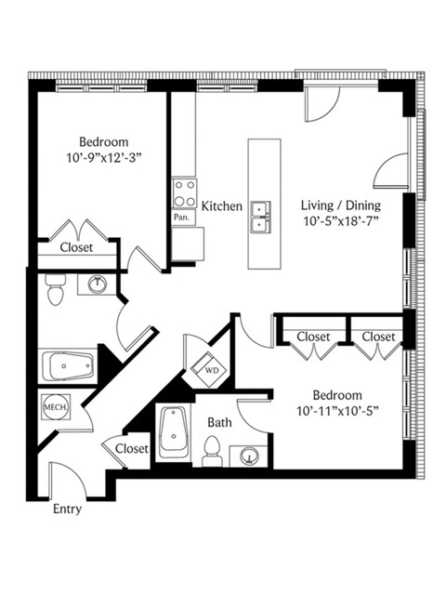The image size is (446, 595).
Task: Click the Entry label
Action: [67, 509]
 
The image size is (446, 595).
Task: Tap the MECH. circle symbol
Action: [56, 407]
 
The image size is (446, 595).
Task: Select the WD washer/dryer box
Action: [209, 370]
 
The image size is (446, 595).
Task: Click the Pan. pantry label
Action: [181, 218]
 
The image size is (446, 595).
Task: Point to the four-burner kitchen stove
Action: [185, 193]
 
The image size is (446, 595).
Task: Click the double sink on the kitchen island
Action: [261, 217]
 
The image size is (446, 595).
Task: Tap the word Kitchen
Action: [222, 206]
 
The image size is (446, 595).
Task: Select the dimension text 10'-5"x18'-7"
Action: [341, 221]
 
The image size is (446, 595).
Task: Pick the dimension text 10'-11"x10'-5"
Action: [338, 411]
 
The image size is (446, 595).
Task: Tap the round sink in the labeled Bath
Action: [249, 455]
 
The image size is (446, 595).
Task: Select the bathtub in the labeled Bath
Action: [174, 432]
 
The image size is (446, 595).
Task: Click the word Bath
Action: [219, 422]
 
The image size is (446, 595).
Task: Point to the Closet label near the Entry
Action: [132, 448]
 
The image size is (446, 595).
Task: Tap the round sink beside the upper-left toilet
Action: [98, 284]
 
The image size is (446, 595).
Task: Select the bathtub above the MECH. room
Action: [68, 366]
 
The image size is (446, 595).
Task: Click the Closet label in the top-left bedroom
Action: [76, 247]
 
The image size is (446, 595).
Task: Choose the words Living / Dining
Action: [341, 205]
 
